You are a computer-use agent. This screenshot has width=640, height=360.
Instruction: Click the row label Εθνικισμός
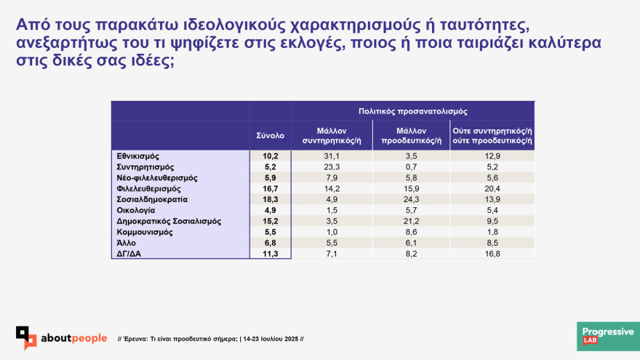(x=137, y=156)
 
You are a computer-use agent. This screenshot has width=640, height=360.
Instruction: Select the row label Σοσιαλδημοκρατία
(x=152, y=199)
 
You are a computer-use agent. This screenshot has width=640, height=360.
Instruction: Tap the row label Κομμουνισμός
(x=145, y=232)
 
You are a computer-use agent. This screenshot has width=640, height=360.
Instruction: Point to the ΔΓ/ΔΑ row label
(x=129, y=254)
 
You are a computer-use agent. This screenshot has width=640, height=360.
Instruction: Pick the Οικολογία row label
(x=135, y=211)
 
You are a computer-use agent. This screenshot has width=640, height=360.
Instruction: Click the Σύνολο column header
(x=271, y=135)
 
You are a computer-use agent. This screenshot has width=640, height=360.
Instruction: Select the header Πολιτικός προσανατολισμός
(x=412, y=111)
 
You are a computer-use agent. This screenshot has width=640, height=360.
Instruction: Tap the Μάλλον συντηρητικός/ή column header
(x=332, y=136)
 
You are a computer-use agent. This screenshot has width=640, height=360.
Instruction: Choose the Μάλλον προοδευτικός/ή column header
(x=411, y=136)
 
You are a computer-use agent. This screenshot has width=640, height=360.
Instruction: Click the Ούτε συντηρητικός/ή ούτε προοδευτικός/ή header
(x=492, y=136)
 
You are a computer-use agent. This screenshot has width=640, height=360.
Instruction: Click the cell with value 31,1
(x=332, y=156)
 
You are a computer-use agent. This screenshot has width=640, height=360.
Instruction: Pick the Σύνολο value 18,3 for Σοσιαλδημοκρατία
(x=271, y=199)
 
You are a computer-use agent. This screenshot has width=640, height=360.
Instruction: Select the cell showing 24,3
(x=411, y=199)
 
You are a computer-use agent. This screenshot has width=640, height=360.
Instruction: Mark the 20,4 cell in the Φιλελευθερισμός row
(x=492, y=189)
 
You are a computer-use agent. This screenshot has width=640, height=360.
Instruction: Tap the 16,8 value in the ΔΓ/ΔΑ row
(x=492, y=254)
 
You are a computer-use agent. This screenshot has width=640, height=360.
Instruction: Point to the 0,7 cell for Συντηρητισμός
(x=411, y=167)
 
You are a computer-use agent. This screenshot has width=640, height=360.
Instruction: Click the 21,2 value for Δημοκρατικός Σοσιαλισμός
(x=411, y=221)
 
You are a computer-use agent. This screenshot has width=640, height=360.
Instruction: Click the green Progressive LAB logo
(x=608, y=336)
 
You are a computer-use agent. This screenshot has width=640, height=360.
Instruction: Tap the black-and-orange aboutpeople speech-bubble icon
(x=26, y=337)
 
